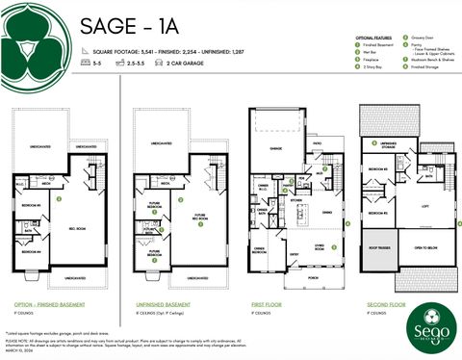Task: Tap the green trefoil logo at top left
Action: (x=36, y=38)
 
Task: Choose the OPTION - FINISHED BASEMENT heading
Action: (x=48, y=305)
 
